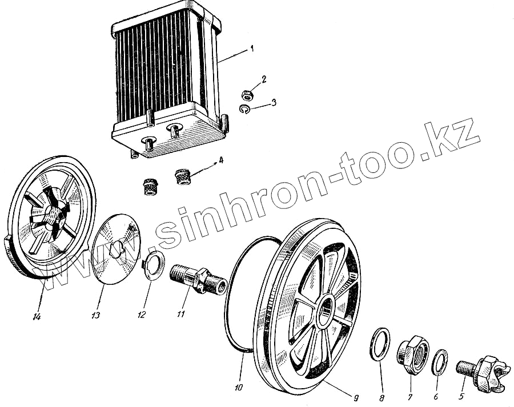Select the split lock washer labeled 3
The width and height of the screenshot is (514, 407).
pos(244,109)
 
